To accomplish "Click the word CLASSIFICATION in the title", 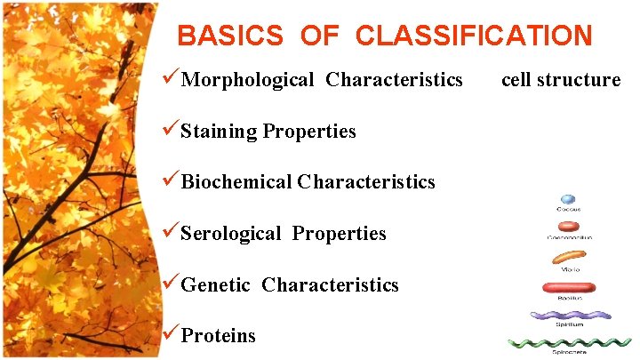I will tap(473, 36).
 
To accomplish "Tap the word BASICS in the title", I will tap(230, 36).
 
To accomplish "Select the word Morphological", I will tap(247, 80).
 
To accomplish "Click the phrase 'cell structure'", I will tap(561, 80).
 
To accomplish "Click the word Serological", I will tap(231, 234).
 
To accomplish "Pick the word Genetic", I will tap(216, 285).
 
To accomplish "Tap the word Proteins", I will tap(218, 336).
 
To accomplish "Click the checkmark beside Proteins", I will tap(171, 335).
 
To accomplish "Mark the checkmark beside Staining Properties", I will tap(171, 131).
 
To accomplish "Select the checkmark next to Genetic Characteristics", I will tap(171, 284).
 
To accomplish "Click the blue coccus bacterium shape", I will tap(567, 200).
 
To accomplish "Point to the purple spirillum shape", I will tap(570, 315).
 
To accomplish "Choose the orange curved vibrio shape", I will tap(568, 258).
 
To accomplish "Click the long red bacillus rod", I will tap(569, 287).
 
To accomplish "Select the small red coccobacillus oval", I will tap(568, 228).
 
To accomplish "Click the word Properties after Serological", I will tap(339, 234).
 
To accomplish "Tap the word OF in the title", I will tap(319, 36).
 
